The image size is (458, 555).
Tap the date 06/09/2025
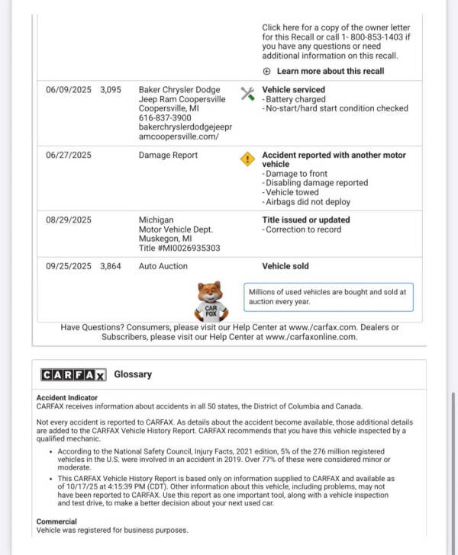pyautogui.click(x=69, y=90)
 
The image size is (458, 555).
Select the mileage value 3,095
pyautogui.click(x=111, y=90)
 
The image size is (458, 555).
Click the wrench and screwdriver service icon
pyautogui.click(x=247, y=94)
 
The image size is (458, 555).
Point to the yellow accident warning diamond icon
pyautogui.click(x=247, y=159)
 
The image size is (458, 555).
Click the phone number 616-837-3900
pyautogui.click(x=165, y=119)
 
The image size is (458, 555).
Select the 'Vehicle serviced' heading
pyautogui.click(x=293, y=90)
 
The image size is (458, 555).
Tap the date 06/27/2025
pyautogui.click(x=69, y=156)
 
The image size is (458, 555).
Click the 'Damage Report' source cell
pyautogui.click(x=168, y=156)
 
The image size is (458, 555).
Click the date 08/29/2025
pyautogui.click(x=69, y=220)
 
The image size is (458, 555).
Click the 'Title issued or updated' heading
pyautogui.click(x=306, y=220)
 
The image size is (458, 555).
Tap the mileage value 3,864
pyautogui.click(x=111, y=267)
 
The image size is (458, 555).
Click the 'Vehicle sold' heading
pyautogui.click(x=285, y=267)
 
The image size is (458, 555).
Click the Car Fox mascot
pyautogui.click(x=211, y=302)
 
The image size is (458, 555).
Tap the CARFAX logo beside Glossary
pyautogui.click(x=73, y=375)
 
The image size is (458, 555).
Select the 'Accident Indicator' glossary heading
pyautogui.click(x=67, y=398)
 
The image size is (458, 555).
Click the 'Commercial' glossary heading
pyautogui.click(x=56, y=521)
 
